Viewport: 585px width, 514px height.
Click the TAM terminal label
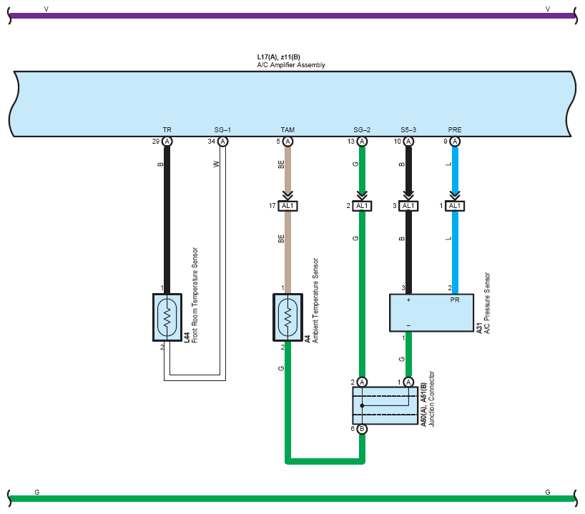(287, 130)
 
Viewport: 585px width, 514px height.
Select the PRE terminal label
(455, 130)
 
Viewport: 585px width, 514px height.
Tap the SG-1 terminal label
(222, 130)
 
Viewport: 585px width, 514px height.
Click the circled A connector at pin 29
(167, 142)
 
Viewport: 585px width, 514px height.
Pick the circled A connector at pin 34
(222, 142)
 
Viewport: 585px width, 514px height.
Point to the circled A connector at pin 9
(455, 142)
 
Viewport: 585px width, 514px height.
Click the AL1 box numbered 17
(287, 206)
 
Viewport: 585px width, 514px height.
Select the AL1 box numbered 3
(408, 206)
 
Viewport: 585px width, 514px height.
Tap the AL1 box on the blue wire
(455, 206)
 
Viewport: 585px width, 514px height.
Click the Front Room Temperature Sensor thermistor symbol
(167, 317)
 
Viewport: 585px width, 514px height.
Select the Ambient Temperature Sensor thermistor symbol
(287, 317)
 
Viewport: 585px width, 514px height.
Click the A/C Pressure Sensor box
(432, 312)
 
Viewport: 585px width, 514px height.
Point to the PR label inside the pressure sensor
(455, 300)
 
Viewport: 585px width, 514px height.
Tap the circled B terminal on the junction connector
(362, 429)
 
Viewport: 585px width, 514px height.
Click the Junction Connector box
(385, 405)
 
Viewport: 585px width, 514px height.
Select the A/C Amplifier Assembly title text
(291, 65)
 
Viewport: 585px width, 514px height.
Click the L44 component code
(187, 337)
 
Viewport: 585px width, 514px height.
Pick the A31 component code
(479, 328)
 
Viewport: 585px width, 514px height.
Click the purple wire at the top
(292, 16)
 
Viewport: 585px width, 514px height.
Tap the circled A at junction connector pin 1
(408, 382)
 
